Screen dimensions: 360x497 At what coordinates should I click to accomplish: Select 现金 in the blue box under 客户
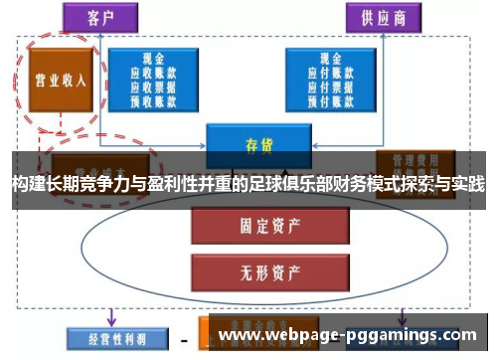(153, 58)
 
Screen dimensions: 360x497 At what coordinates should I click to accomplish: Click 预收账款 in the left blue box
(153, 98)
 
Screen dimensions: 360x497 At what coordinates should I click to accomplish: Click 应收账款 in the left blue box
(153, 72)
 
